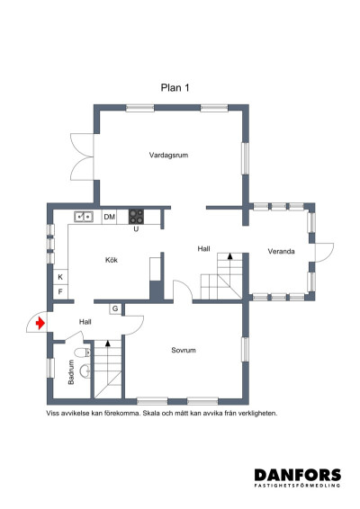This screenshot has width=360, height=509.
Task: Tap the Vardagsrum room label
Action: (168, 156)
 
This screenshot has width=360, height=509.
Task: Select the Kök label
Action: (112, 260)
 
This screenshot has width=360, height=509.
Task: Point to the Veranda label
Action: (281, 252)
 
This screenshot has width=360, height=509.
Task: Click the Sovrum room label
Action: (184, 350)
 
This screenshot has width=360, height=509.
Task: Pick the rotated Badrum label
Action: (71, 372)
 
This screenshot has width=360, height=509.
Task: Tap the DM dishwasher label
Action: (110, 217)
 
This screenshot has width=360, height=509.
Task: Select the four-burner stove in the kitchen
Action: (137, 216)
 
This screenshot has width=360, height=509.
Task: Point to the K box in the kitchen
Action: (61, 277)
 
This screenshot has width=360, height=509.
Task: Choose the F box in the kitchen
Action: (61, 292)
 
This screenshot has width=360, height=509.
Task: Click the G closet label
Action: (116, 309)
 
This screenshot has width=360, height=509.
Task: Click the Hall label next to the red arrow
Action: (85, 321)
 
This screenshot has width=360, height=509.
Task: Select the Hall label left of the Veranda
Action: (204, 247)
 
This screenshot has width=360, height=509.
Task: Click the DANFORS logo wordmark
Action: (296, 475)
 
